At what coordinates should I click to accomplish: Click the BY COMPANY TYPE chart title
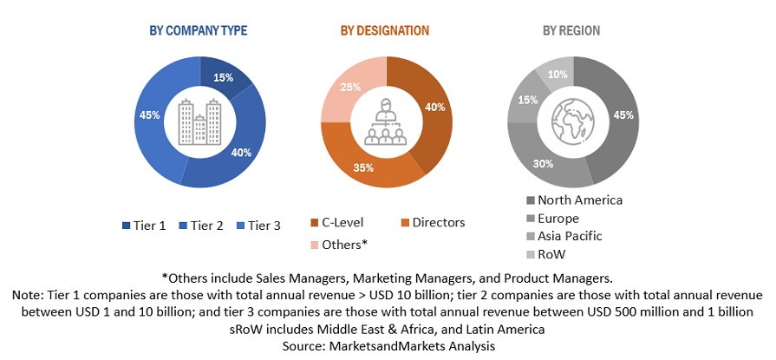click(199, 31)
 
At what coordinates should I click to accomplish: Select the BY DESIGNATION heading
click(384, 31)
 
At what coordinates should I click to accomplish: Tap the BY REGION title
click(571, 31)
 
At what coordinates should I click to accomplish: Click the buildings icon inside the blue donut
click(199, 121)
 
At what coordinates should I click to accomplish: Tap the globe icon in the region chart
click(571, 121)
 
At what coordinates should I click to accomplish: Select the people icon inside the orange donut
click(385, 121)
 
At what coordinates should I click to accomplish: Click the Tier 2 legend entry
click(200, 226)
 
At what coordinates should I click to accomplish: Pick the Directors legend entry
click(431, 223)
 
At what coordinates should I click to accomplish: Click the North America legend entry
click(572, 200)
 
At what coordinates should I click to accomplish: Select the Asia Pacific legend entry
click(564, 236)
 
